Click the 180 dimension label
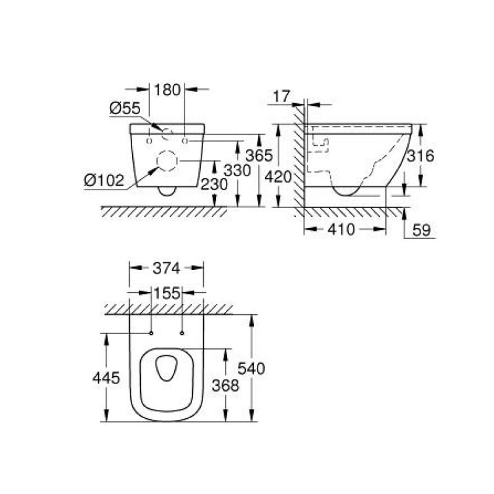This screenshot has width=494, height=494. (x=167, y=90)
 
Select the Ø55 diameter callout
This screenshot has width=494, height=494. (x=125, y=109)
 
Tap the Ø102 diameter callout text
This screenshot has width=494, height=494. (x=104, y=180)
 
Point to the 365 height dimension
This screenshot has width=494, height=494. (x=259, y=156)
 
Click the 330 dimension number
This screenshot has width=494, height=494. (x=237, y=170)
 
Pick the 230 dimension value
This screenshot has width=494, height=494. (x=214, y=184)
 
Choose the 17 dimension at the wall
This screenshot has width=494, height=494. (x=282, y=96)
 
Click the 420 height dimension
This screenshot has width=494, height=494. (x=278, y=177)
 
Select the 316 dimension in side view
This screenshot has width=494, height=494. (x=421, y=156)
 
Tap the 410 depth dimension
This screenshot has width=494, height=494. (x=341, y=229)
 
